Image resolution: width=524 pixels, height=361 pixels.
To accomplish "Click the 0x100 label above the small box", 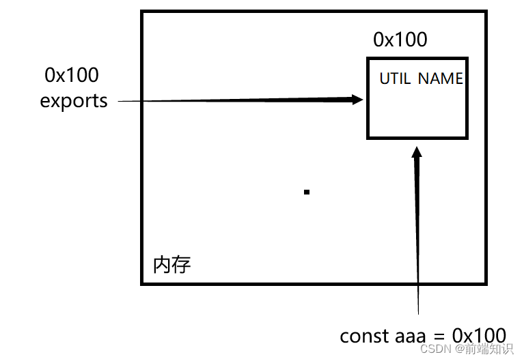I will [x=400, y=40].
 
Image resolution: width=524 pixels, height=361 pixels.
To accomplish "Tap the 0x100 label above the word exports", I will [x=72, y=74].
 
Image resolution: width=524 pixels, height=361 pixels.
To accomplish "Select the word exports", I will [x=74, y=101].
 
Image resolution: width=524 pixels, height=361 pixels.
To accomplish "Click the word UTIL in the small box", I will [x=395, y=78].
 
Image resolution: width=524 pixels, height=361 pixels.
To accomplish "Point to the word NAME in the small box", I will [x=441, y=78].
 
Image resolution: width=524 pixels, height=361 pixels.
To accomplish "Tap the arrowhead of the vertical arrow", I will [x=417, y=150].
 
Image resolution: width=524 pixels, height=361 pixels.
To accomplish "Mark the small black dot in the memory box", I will [x=307, y=192].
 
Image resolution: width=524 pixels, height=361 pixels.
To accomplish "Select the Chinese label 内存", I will [x=171, y=265].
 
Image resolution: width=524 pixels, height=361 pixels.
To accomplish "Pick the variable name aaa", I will [x=411, y=336].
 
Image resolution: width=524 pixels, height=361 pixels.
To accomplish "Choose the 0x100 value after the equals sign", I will [x=480, y=336].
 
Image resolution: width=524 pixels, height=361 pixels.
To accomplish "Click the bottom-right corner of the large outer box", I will [x=486, y=283].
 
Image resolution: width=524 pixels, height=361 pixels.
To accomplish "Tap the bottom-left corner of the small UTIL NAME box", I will [x=368, y=137].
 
